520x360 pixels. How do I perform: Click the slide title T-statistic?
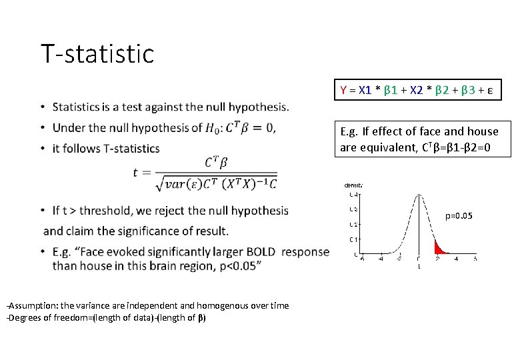point(97,54)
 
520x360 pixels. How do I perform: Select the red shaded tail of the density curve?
point(439,249)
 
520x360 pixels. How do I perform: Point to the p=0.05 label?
point(459,216)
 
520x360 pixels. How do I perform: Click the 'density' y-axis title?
point(353,185)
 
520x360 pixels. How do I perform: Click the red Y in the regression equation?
point(343,89)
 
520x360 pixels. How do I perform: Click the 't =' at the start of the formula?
point(143,172)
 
